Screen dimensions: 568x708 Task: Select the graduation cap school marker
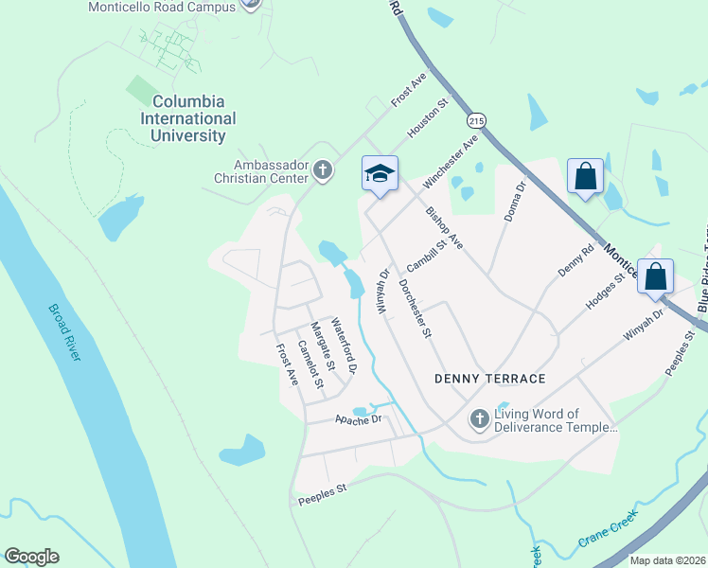(380, 174)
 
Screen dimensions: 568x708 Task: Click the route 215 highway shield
(476, 121)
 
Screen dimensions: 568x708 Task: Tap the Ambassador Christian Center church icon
(324, 170)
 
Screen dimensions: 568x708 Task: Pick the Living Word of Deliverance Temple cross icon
(480, 417)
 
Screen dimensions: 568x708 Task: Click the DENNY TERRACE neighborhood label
(489, 379)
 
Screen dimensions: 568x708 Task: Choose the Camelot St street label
(310, 364)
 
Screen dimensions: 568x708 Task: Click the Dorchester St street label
(415, 309)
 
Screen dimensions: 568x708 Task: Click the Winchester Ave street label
(451, 162)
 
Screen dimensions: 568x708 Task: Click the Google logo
(31, 557)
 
